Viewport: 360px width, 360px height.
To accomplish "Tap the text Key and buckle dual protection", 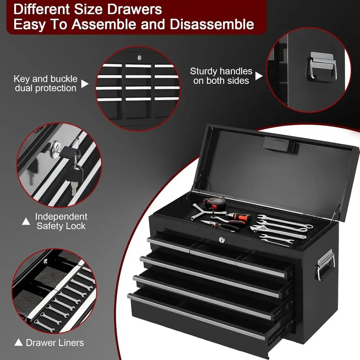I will [x=45, y=84].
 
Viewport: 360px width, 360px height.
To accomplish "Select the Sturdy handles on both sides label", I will [x=221, y=76].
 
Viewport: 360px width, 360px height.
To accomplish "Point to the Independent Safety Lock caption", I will [x=61, y=221].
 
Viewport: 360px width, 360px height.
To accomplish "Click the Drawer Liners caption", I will [x=55, y=342].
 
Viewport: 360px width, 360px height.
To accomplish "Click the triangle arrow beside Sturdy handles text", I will [x=259, y=76].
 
